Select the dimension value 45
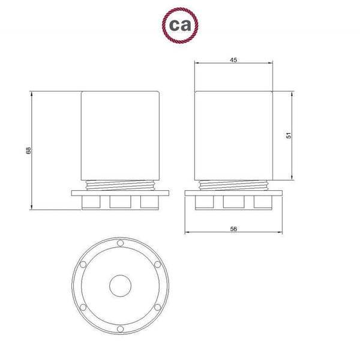233,60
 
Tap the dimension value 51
288,136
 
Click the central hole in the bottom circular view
120,285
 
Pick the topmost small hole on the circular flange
120,243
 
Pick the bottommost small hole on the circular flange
120,328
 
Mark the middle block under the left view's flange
120,202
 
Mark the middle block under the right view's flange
233,202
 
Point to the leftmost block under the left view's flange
91,202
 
